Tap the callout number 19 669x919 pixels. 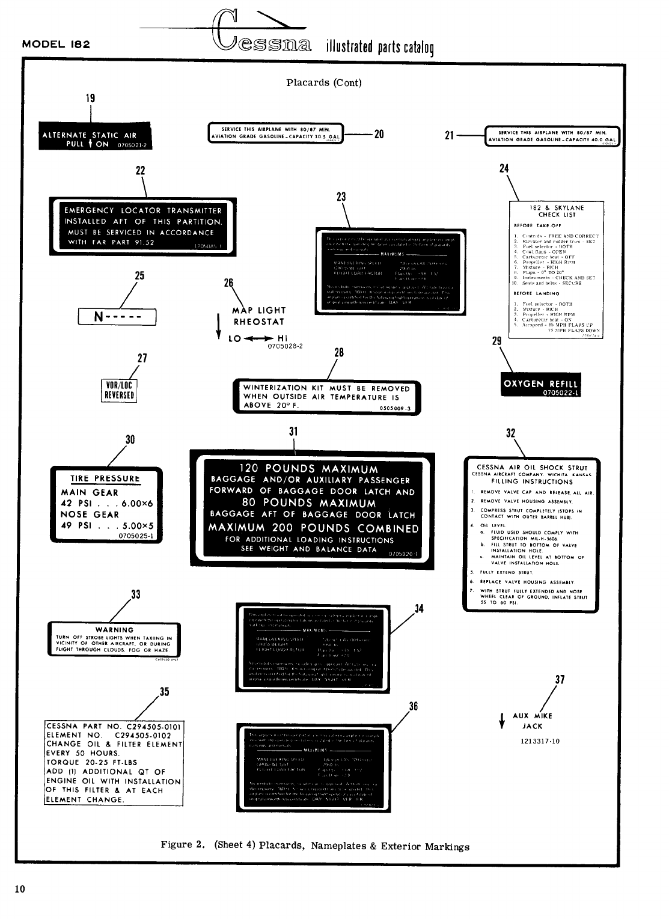90,98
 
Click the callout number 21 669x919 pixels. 449,136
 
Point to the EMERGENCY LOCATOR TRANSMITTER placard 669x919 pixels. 142,227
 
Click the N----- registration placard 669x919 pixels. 117,316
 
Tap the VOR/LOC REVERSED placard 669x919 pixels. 119,390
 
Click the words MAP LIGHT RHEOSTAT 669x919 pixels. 259,316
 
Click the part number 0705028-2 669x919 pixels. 285,346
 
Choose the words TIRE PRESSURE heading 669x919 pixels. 105,478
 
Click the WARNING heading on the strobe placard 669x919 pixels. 114,630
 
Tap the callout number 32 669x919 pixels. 510,433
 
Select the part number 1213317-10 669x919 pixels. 540,741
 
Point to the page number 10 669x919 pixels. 20,889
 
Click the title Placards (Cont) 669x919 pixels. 323,83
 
